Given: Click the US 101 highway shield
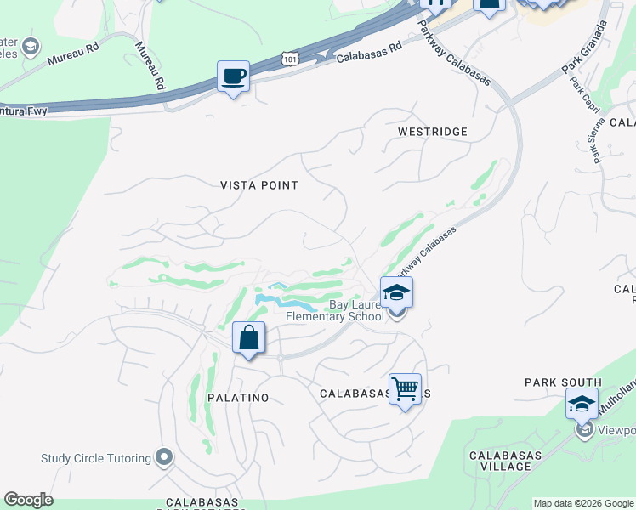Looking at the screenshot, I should point(290,58).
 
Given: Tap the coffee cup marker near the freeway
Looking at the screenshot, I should point(233,76).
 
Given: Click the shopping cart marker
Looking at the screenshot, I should point(405,389).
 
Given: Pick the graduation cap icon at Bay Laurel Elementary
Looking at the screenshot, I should point(396,293).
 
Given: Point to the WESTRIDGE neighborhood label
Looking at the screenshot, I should point(433,132).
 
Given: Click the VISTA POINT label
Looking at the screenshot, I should point(259,185).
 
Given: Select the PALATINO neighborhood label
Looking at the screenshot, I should point(238,398).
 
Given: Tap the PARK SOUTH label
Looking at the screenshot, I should point(563,382).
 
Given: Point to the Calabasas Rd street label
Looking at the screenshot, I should point(368,54).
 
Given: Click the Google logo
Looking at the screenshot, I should point(28,500).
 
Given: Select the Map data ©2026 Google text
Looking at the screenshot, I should point(582,503).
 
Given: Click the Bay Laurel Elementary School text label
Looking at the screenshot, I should point(334,310).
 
